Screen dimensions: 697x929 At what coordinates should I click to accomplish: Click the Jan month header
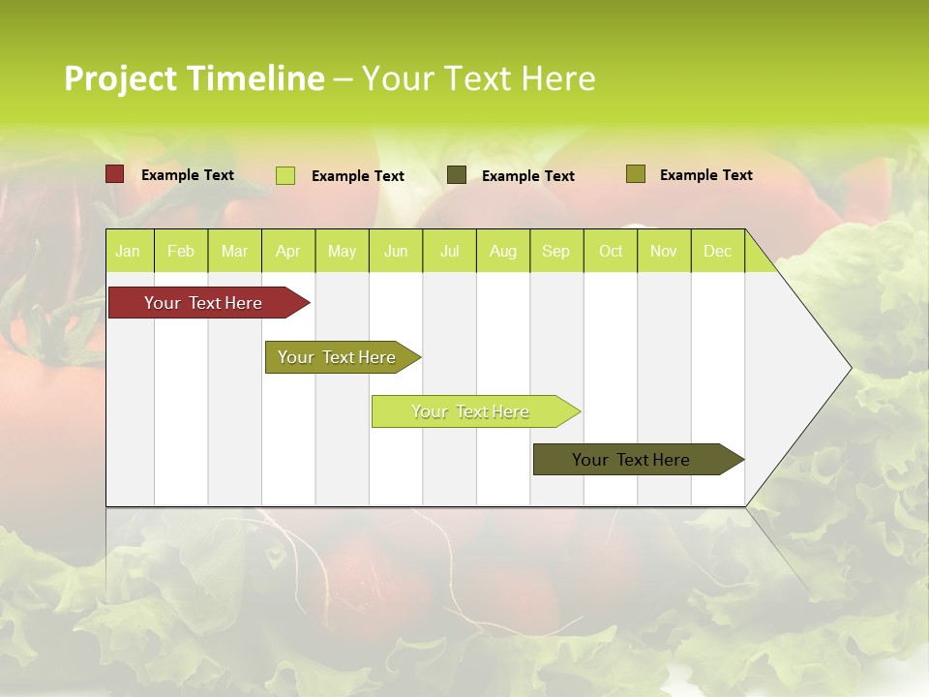129,251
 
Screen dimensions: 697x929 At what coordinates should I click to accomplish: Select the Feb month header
181,251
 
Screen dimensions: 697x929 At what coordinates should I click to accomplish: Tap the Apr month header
288,251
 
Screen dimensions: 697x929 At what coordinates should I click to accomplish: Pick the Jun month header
396,251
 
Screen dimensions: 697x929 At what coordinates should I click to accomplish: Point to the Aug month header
503,251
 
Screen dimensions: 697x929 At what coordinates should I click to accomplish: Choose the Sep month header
556,251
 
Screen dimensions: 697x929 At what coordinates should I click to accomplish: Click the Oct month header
611,251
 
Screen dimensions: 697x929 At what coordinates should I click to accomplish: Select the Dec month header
718,251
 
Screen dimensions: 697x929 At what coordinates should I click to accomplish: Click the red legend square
115,174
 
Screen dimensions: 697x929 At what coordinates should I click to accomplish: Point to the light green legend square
285,175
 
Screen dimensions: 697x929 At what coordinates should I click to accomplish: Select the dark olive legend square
457,175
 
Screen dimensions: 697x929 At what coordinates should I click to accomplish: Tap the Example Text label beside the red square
188,175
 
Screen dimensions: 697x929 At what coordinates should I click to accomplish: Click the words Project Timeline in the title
195,78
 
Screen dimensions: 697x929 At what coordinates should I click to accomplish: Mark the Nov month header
664,251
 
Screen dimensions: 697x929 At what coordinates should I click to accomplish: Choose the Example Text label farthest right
706,175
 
